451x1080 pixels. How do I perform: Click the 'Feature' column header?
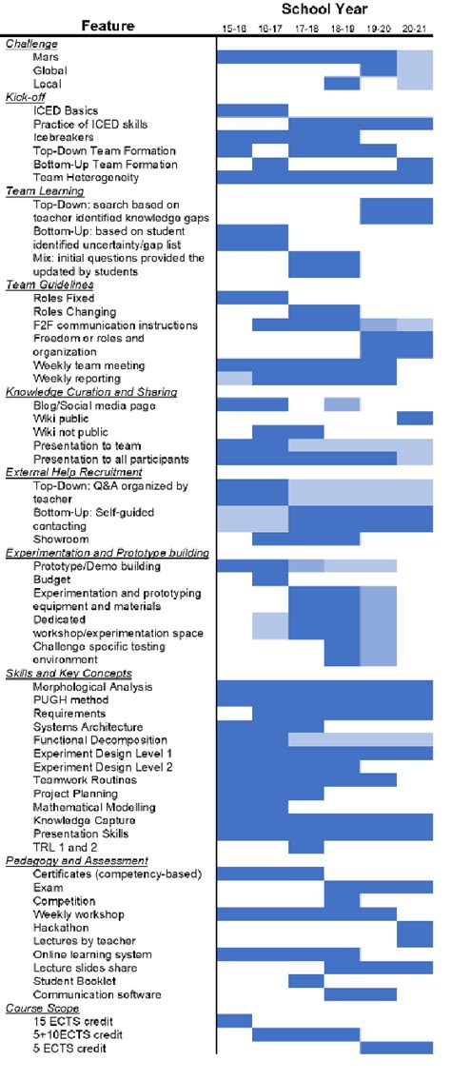[107, 25]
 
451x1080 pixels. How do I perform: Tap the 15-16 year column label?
[234, 30]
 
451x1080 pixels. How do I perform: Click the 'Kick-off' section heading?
[26, 97]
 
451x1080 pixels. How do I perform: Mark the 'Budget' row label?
[51, 579]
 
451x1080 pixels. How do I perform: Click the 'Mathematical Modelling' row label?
[93, 807]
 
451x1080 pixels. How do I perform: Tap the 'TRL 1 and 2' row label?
[66, 847]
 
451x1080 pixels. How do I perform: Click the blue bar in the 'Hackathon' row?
[415, 927]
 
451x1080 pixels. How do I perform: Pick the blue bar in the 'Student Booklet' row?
[306, 981]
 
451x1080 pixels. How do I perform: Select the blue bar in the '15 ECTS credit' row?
[234, 1021]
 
